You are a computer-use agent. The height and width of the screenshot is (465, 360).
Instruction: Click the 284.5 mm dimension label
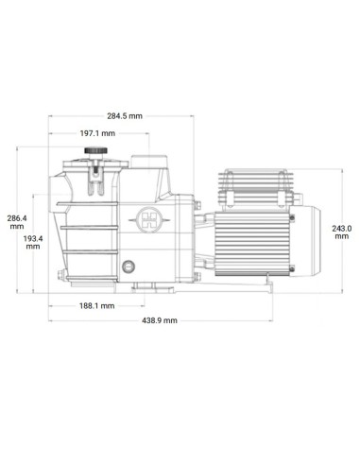125,116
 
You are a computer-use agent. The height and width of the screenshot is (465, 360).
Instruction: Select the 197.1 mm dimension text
97,133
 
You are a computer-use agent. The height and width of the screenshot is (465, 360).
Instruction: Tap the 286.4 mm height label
17,222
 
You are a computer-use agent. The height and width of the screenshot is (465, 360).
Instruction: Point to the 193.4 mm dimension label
33,242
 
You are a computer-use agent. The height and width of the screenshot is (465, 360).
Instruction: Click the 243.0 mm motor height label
342,232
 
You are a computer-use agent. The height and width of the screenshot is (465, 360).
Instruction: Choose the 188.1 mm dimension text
96,305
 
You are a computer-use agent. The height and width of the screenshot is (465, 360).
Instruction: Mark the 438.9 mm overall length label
160,320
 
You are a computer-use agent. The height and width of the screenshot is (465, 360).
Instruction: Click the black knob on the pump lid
95,150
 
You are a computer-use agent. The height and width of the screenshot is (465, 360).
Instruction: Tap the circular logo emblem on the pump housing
149,219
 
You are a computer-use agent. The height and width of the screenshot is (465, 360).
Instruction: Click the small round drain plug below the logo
129,267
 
